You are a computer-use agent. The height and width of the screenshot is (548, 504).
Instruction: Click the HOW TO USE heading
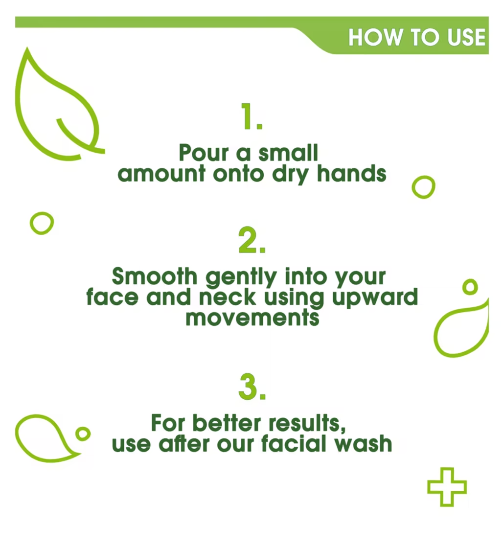[417, 38]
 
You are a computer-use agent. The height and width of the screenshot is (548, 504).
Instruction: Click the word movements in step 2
[252, 318]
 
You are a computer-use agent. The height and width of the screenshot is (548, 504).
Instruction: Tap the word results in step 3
[305, 423]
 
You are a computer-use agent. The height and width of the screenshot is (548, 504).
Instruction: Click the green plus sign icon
[447, 487]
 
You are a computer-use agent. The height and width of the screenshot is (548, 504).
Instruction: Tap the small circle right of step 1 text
[423, 187]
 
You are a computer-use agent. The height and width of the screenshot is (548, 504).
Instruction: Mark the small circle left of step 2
[42, 223]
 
